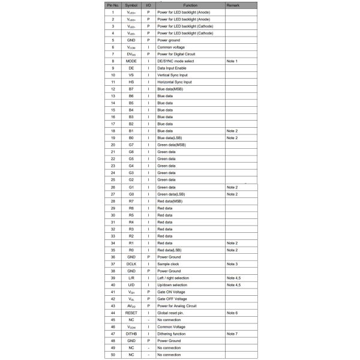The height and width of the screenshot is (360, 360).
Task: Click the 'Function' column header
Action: tap(190, 5)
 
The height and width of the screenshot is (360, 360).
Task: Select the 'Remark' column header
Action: tap(233, 5)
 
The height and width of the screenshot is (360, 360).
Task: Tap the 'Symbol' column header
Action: tap(131, 5)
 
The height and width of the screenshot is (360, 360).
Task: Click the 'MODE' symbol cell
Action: tap(131, 61)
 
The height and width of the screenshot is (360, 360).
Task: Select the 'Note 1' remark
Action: tap(232, 61)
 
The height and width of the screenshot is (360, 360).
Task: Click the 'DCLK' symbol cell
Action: tap(131, 264)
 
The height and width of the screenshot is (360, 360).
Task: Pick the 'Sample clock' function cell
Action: tap(169, 264)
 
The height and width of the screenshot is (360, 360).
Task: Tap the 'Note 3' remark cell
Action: tap(232, 264)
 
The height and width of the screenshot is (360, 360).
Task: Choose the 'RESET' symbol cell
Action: tap(131, 313)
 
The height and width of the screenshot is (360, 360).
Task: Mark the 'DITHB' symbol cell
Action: tap(131, 334)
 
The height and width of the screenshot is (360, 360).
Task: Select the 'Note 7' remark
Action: tap(232, 334)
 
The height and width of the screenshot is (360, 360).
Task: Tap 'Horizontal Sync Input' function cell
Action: tap(175, 82)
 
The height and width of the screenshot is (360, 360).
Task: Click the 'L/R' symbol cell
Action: tap(131, 278)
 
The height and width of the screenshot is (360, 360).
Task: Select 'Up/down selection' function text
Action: tap(173, 285)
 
